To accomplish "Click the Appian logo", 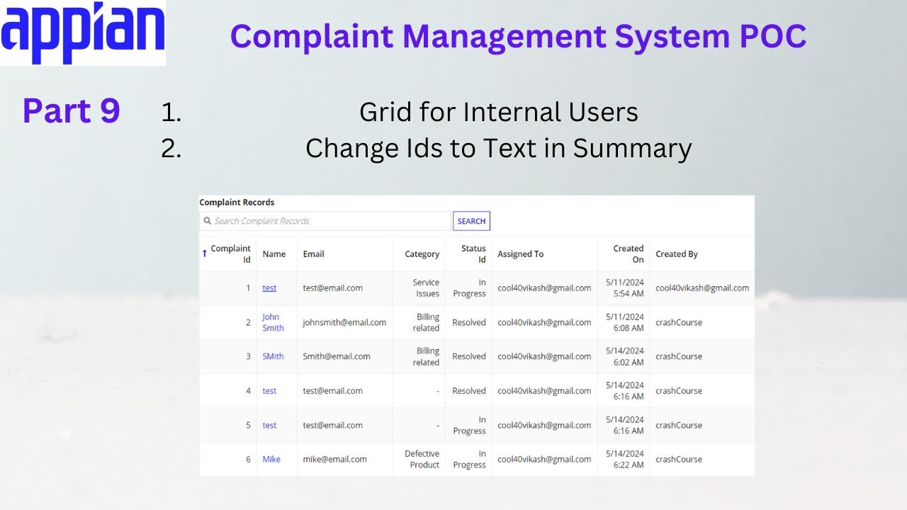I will click(83, 33).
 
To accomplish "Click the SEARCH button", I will click(471, 221).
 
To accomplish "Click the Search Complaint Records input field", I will click(326, 221).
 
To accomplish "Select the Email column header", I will click(313, 254).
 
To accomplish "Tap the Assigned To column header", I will click(520, 254).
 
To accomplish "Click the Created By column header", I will click(676, 254).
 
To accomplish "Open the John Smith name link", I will click(273, 322).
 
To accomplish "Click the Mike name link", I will click(271, 459).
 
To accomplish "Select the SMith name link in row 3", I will click(273, 356).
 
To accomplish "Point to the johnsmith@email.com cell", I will click(344, 322).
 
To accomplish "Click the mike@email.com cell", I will click(334, 459).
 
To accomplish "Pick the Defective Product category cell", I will click(422, 459).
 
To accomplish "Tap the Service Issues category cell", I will click(427, 288).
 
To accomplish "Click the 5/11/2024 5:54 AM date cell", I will click(624, 288).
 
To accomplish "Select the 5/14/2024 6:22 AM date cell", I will click(624, 459).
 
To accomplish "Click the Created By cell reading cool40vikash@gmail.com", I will click(702, 288).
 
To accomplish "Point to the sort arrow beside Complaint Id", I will click(205, 253).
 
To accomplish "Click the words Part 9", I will click(71, 111).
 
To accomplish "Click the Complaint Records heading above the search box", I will click(237, 203).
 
